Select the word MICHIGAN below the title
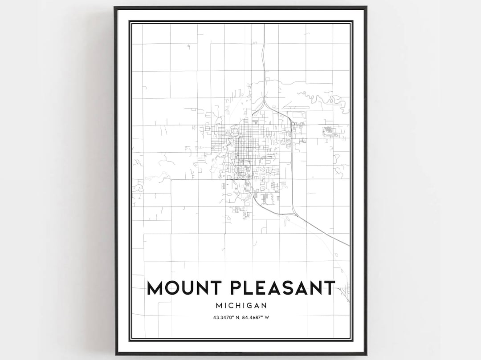[x=240, y=306]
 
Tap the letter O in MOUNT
[x=174, y=288]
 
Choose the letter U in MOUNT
[x=191, y=288]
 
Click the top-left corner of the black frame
[x=115, y=7]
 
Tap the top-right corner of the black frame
[x=366, y=7]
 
